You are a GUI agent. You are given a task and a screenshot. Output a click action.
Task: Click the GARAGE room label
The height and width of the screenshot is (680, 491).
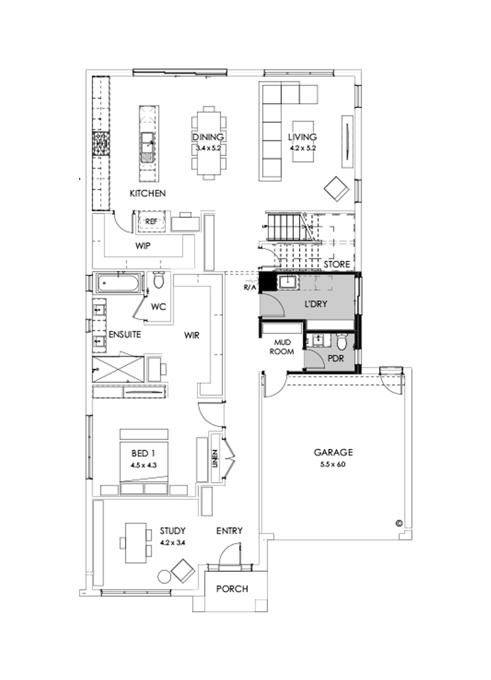[x=333, y=452]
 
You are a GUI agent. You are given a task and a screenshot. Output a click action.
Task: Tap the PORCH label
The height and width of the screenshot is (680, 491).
[x=232, y=589]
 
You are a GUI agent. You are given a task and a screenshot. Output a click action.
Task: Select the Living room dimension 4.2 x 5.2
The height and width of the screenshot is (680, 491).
[x=302, y=147]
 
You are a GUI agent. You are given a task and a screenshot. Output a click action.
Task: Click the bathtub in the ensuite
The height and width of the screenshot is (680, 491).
[x=118, y=283]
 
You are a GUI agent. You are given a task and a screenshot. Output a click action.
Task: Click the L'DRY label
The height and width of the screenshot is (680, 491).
[x=316, y=304]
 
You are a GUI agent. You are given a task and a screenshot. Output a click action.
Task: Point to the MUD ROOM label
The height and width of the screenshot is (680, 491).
[x=283, y=348]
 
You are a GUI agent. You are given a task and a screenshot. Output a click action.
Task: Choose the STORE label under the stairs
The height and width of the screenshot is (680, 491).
[x=337, y=264]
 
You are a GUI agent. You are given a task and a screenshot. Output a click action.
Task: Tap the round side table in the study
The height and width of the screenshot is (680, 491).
[x=164, y=576]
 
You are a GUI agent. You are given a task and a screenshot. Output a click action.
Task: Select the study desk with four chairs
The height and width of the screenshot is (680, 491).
[x=136, y=543]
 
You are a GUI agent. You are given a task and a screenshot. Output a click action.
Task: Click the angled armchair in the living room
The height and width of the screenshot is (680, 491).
[x=337, y=188]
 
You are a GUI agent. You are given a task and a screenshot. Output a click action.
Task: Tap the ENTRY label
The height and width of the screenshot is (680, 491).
[x=229, y=531]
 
